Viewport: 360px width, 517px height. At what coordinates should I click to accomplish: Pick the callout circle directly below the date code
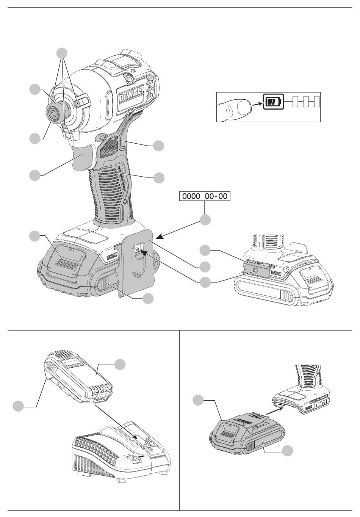(x=205, y=220)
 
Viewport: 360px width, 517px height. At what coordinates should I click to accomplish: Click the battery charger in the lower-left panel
(x=117, y=451)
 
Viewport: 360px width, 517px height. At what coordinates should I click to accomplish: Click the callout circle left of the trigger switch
(x=35, y=175)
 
